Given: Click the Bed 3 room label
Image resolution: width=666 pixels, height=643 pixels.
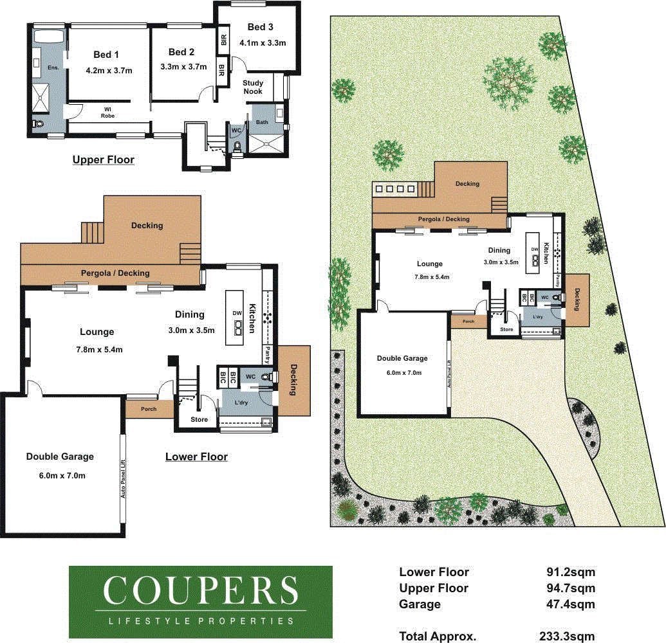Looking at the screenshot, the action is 260,27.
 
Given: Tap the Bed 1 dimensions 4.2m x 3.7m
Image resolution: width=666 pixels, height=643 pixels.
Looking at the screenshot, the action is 109,71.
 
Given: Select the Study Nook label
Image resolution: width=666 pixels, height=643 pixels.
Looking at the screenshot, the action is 253,87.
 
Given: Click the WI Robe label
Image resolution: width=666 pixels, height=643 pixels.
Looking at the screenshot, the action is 108,113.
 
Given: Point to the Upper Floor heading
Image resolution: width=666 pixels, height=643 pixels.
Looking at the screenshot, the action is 103,159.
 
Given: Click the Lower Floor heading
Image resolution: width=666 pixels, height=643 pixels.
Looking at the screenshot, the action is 196,457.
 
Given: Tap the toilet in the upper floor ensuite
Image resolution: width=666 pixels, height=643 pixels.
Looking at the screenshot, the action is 39,124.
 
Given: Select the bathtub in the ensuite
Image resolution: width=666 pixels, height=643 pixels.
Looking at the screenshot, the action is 49,35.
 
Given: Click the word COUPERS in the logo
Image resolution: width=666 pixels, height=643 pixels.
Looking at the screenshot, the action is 201,590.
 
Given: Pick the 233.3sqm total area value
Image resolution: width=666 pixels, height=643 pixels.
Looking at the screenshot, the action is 567,636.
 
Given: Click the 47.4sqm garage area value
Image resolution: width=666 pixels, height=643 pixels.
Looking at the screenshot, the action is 570,604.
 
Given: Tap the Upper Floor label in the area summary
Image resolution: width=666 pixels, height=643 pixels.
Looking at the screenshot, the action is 434,588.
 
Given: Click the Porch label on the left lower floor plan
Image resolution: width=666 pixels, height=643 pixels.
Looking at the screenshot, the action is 149,409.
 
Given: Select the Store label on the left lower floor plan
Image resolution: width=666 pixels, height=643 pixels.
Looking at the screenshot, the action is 199,419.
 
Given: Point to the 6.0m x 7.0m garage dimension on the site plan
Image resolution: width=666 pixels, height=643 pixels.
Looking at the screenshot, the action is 404,373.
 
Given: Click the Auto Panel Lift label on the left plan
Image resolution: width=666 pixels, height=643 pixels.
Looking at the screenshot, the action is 123,479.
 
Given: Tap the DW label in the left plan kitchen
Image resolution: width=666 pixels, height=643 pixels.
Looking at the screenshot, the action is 237,313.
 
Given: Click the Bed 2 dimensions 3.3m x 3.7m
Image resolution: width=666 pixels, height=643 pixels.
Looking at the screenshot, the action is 183,67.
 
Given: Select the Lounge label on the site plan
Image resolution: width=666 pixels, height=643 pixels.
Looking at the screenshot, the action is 429,264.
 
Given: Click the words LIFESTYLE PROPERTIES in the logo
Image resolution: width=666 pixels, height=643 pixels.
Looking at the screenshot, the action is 201,621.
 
